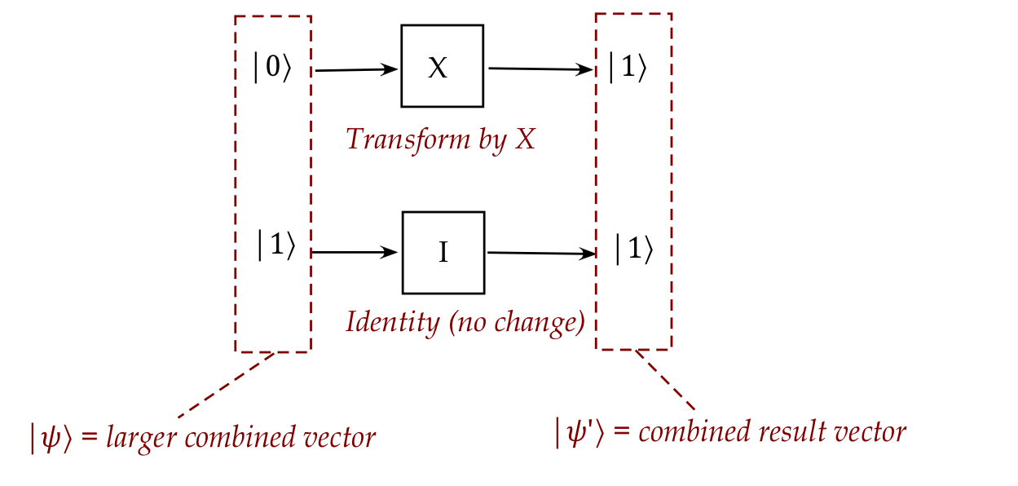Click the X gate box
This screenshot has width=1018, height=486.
click(442, 66)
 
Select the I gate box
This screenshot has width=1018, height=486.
click(443, 253)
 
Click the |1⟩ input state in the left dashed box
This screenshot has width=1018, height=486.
click(275, 246)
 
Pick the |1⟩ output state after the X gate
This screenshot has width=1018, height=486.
click(627, 69)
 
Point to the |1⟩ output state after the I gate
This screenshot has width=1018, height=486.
click(633, 250)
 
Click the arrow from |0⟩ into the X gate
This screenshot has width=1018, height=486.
click(356, 70)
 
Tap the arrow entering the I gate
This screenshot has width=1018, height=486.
click(355, 253)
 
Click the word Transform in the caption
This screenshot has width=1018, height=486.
click(396, 139)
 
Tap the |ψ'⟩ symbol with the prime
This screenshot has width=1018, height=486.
click(580, 432)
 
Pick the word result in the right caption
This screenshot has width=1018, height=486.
click(783, 432)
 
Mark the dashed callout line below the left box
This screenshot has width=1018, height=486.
click(226, 384)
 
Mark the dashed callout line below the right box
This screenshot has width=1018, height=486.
click(666, 380)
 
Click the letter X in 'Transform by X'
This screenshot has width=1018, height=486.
click(525, 139)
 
